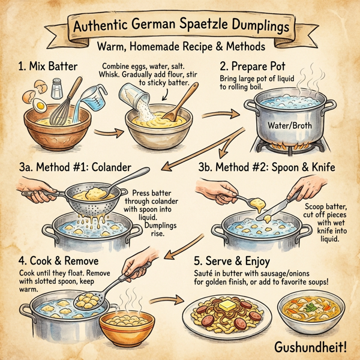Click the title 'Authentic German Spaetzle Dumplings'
click(x=179, y=26)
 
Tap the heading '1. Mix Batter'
click(x=48, y=67)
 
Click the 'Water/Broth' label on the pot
click(x=284, y=127)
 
